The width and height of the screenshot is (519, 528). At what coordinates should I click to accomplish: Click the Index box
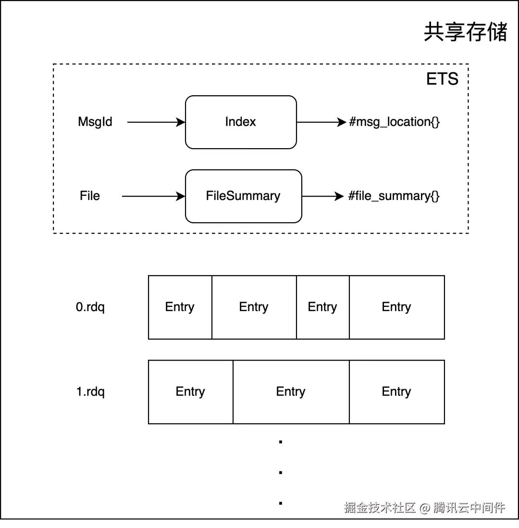point(241,122)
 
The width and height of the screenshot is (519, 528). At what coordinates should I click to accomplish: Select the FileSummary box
point(244,196)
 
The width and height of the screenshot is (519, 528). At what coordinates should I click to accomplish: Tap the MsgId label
point(95,122)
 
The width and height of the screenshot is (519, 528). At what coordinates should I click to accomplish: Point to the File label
point(90,196)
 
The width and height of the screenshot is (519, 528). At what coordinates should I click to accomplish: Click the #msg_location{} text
point(394,122)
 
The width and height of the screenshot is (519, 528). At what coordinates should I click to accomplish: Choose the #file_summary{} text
point(394,196)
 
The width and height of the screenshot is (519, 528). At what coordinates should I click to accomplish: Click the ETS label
point(442,79)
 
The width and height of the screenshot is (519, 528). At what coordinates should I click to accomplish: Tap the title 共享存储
point(466,32)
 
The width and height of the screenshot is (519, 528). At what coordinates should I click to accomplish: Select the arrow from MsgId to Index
point(156,122)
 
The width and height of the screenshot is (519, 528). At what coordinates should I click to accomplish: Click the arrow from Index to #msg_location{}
point(322,122)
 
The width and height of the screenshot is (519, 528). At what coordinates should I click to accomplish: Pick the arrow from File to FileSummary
point(153,196)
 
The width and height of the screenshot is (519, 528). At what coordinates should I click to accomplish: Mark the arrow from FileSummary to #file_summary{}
point(323,196)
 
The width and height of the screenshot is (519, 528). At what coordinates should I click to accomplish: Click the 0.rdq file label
point(90,307)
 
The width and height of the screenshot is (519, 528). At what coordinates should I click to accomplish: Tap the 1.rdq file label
point(90,391)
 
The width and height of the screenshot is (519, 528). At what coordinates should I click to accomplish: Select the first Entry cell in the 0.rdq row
point(180,307)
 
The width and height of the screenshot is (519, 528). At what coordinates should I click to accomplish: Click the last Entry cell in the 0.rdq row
point(397,307)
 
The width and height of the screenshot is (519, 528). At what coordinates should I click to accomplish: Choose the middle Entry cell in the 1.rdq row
point(291,392)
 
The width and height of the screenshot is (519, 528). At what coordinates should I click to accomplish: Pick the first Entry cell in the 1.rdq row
point(191,392)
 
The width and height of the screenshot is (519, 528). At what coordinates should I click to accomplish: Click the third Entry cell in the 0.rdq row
point(323,307)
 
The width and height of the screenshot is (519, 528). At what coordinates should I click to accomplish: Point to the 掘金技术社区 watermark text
point(380,507)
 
